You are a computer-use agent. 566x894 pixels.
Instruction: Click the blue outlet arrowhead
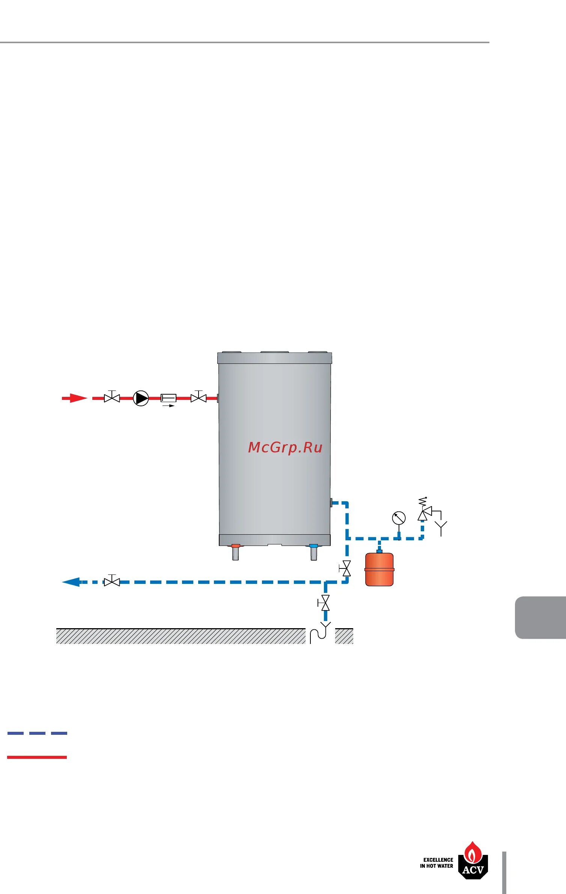(x=71, y=582)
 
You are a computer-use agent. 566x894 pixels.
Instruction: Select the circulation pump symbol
(x=141, y=398)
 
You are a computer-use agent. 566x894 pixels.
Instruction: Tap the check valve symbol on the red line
(x=169, y=398)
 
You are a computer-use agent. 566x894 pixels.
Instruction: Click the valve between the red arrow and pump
(x=112, y=398)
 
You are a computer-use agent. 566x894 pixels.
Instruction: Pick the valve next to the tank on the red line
(x=199, y=398)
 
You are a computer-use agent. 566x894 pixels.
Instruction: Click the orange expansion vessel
(x=379, y=569)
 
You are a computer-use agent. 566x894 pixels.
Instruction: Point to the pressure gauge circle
(x=399, y=518)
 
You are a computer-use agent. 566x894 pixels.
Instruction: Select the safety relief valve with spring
(x=423, y=513)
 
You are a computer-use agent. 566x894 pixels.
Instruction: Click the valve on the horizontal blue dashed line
(x=112, y=582)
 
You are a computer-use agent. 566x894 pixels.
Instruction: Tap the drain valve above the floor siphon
(x=325, y=603)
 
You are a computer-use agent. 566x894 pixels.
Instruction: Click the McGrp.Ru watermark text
(x=285, y=447)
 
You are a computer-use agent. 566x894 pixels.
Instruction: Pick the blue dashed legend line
(x=37, y=733)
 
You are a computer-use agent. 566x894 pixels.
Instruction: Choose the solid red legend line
(x=37, y=757)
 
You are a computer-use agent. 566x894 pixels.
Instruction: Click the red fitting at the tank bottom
(x=236, y=546)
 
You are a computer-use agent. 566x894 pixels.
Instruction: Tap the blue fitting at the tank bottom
(x=313, y=546)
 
